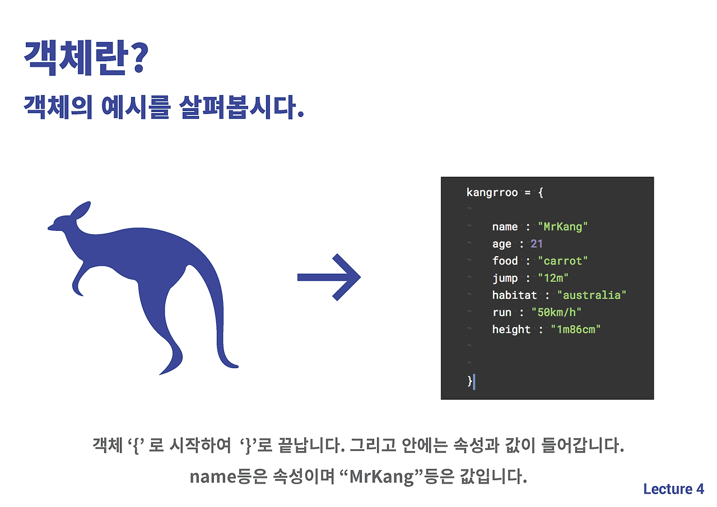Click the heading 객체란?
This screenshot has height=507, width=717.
click(85, 58)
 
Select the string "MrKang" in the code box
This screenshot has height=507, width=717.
click(563, 227)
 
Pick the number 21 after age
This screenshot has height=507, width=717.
click(537, 244)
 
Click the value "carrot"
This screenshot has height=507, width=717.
click(563, 261)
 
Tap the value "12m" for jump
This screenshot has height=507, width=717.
click(553, 278)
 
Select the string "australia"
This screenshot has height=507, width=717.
click(592, 295)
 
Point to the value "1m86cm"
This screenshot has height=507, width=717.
click(575, 329)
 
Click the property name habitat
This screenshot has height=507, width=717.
click(514, 295)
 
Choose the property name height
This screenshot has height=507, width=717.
click(511, 329)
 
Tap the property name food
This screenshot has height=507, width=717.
click(505, 261)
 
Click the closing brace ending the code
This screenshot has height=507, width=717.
click(470, 382)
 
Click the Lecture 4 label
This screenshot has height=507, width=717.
click(673, 489)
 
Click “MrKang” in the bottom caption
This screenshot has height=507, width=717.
click(381, 477)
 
